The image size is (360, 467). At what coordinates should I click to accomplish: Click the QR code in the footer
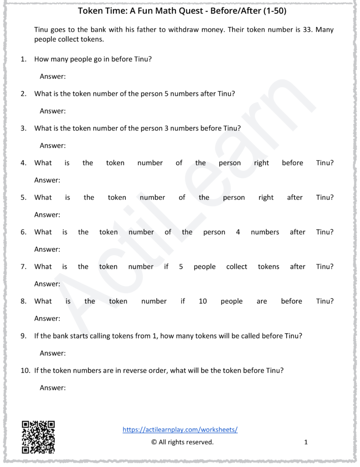coord(38,437)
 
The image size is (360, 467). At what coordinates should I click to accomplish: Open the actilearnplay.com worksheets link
coord(180,430)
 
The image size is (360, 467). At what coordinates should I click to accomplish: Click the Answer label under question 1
coord(53,77)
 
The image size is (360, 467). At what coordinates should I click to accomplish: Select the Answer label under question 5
coord(47,215)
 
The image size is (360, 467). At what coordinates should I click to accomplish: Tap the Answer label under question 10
coord(53,388)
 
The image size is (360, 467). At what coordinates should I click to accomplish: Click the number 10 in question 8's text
coord(203,301)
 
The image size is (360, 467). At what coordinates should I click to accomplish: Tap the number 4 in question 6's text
coord(238,232)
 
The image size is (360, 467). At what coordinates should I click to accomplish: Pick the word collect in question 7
coord(237,267)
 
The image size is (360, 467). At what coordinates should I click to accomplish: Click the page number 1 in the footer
coord(306,442)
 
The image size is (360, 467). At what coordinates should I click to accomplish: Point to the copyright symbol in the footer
coord(154,442)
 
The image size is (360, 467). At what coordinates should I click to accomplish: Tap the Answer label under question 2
coord(53,111)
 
